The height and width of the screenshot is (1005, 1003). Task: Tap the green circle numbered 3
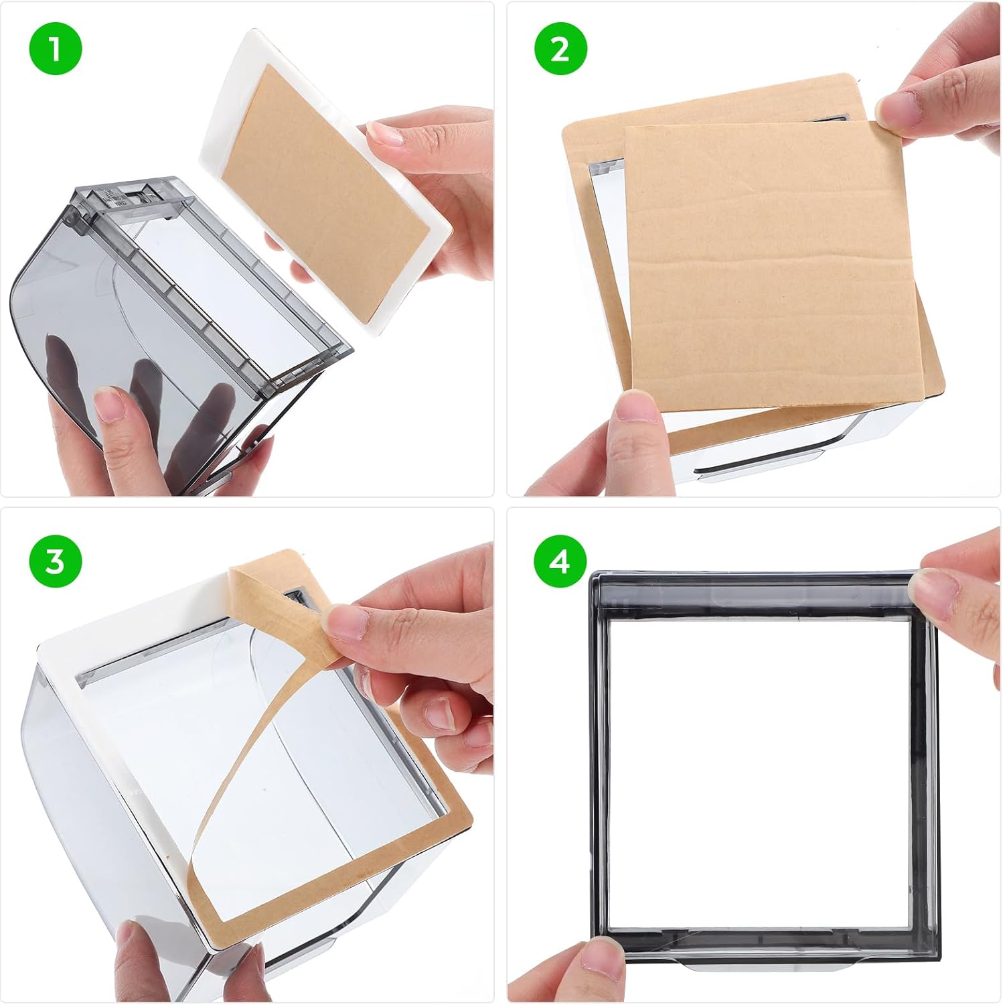coord(55,561)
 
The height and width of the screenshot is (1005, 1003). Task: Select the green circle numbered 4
coord(560,561)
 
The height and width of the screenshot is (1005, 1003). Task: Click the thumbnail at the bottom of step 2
coord(635,405)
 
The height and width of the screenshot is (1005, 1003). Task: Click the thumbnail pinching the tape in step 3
coord(348,621)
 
